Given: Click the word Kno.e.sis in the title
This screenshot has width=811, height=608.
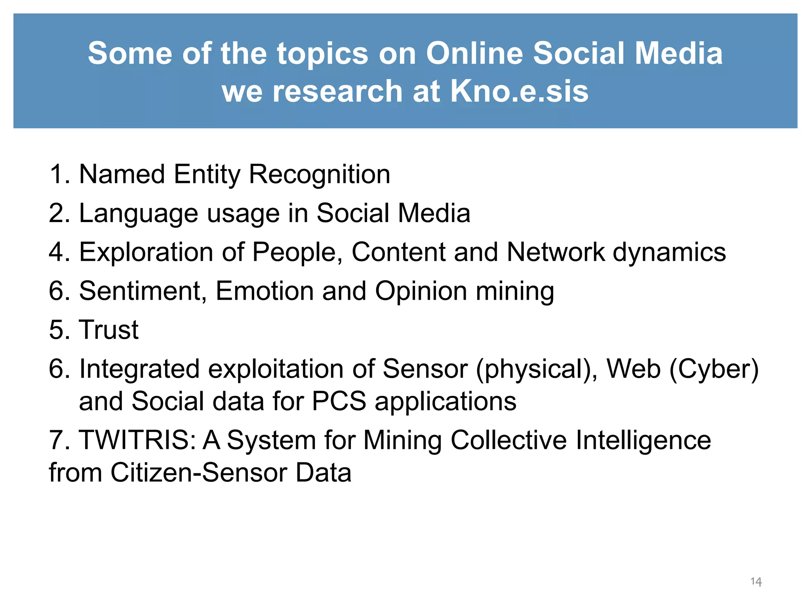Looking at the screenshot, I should pos(519,91).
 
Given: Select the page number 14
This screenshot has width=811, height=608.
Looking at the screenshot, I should pos(756,581).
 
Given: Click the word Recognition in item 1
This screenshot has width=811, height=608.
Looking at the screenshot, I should pos(319,174).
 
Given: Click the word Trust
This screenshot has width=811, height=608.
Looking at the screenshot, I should pos(109,330).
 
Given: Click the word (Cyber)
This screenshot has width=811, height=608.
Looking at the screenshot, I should pos(714,369).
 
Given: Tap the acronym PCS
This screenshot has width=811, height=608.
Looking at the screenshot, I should pos(339,401).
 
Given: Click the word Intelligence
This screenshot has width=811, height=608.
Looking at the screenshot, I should pos(643,440).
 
